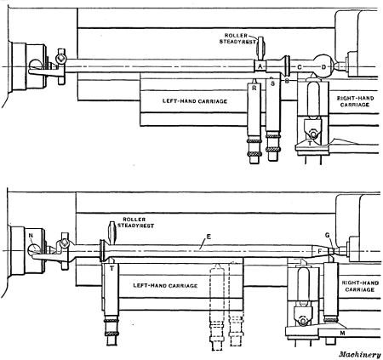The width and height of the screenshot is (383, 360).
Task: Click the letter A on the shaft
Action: [x=260, y=66]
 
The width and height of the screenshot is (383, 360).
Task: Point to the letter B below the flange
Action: [x=286, y=80]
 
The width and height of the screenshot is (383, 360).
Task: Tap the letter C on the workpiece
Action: [x=300, y=66]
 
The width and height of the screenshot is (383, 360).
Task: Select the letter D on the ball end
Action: [x=323, y=66]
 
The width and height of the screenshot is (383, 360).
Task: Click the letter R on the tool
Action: [x=254, y=87]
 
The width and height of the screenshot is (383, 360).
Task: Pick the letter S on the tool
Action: [x=272, y=83]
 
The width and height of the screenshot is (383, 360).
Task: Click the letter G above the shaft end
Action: [x=329, y=235]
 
